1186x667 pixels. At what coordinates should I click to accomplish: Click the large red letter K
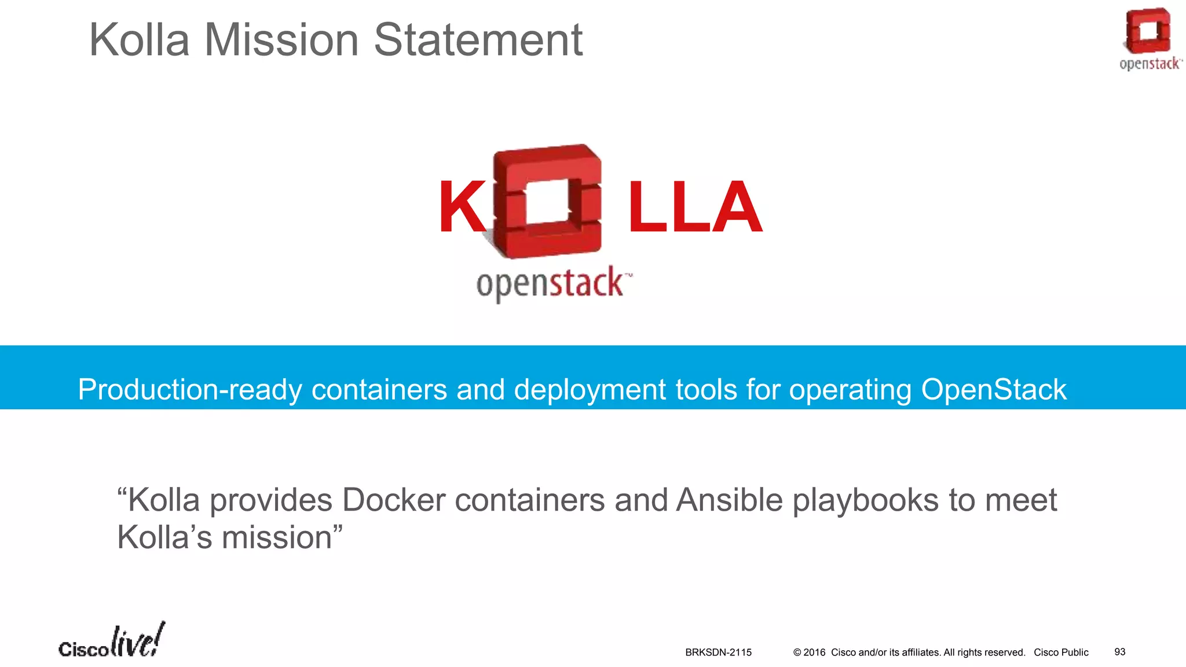462,207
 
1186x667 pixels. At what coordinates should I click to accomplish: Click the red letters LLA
694,207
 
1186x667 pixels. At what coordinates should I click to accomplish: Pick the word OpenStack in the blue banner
993,390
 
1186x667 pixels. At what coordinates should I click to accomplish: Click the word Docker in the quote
394,500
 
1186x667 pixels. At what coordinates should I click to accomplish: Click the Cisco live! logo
112,642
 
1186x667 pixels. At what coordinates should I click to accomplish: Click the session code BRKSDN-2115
718,653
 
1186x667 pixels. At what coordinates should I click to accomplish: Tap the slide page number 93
1120,652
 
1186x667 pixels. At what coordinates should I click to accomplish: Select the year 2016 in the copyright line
814,653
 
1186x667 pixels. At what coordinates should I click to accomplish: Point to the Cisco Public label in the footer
1061,653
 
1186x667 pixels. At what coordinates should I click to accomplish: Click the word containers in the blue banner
379,390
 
